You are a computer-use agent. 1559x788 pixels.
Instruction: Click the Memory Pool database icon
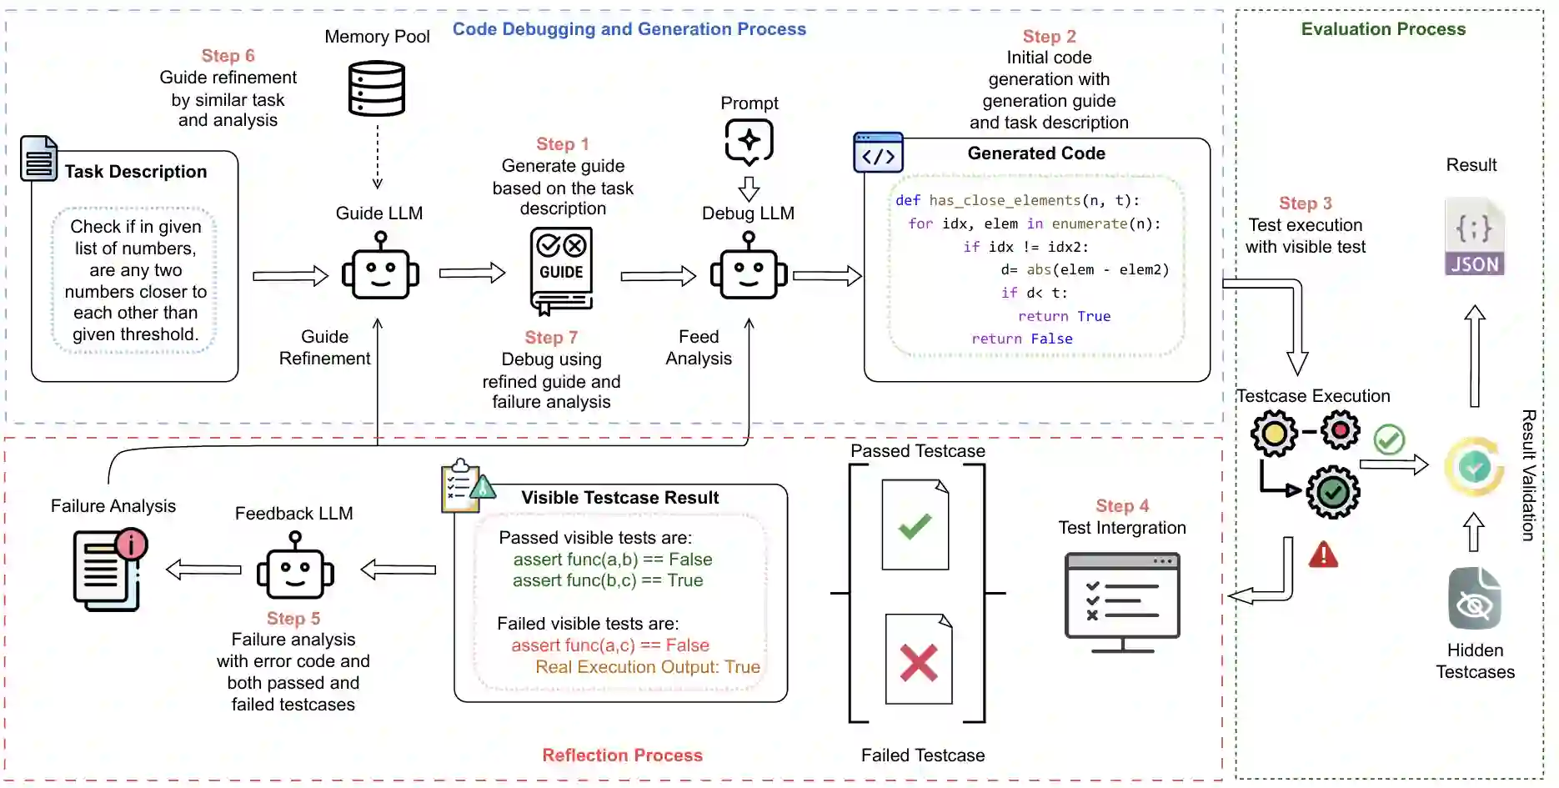click(377, 88)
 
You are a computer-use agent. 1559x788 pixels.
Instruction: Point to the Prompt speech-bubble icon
click(749, 141)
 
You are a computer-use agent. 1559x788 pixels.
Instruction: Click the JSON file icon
click(1474, 238)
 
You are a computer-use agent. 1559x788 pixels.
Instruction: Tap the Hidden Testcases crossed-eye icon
click(1475, 600)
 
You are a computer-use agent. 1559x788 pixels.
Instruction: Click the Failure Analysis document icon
click(109, 570)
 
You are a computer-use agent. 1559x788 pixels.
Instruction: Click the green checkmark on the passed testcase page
click(915, 526)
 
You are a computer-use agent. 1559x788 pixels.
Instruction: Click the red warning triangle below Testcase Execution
click(1323, 555)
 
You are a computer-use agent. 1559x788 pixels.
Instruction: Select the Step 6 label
click(228, 56)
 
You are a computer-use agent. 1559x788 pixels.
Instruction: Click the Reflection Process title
click(622, 755)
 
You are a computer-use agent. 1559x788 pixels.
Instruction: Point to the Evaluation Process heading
click(1383, 29)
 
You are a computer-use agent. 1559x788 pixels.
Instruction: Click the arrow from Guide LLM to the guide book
click(472, 273)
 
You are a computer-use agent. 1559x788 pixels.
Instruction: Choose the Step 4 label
click(1122, 506)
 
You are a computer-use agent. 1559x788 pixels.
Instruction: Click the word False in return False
click(1051, 339)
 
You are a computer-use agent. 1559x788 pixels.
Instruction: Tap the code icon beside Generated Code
click(878, 153)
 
